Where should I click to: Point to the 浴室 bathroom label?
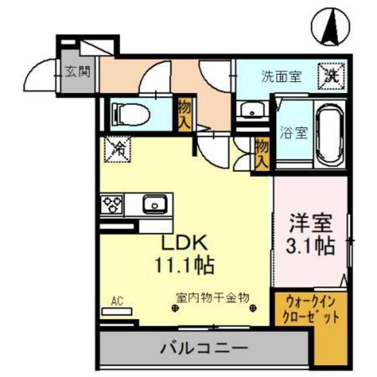coord(294,133)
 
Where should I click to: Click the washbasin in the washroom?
coord(250,111)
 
